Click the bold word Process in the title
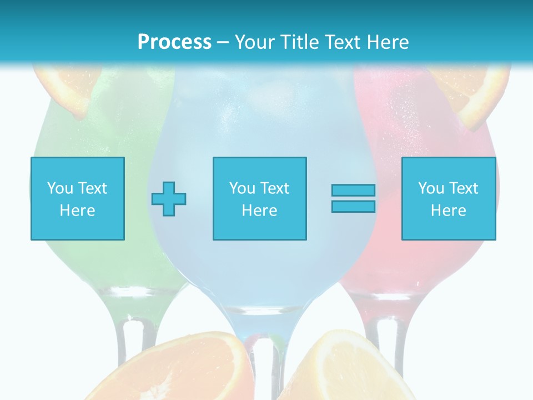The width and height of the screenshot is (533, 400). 174,42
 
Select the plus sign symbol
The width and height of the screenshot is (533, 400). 169,198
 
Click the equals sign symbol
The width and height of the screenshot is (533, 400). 353,198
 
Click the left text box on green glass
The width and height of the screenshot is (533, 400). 78,198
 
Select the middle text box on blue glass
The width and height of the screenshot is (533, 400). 259,198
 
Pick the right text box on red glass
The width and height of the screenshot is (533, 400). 448,198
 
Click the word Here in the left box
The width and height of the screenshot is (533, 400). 77,211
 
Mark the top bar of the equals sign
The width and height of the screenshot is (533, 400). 353,190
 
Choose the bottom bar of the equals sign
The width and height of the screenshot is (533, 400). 353,206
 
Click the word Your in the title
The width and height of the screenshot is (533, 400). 255,42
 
